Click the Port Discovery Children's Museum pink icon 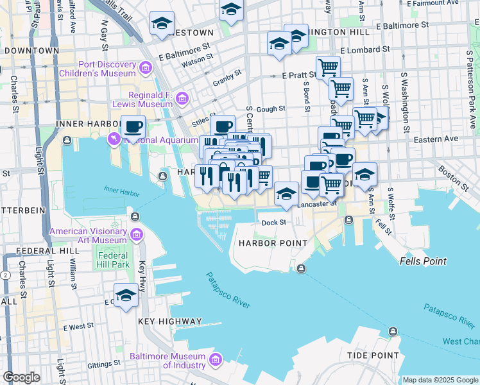pyautogui.click(x=146, y=67)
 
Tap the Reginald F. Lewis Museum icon pyautogui.click(x=182, y=98)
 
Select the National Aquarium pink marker pyautogui.click(x=114, y=137)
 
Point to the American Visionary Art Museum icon pyautogui.click(x=136, y=235)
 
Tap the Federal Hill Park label pyautogui.click(x=113, y=260)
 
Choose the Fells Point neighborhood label pyautogui.click(x=423, y=261)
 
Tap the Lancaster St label pyautogui.click(x=317, y=204)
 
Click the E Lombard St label pyautogui.click(x=365, y=49)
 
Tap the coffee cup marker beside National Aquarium pyautogui.click(x=133, y=126)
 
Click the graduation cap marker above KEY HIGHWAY pyautogui.click(x=126, y=295)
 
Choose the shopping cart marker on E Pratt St pyautogui.click(x=328, y=67)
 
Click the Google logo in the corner pyautogui.click(x=22, y=377)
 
